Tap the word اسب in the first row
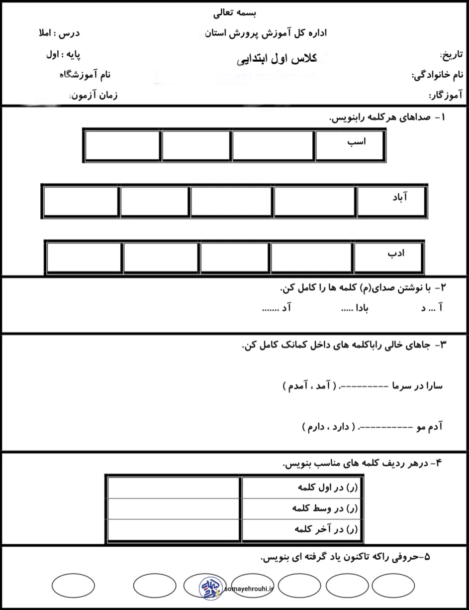pos(356,142)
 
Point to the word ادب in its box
pos(396,253)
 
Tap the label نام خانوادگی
pos(438,75)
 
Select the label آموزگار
pos(446,95)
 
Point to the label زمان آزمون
pos(94,95)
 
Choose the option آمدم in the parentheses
pos(293,385)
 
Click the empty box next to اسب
pos(274,146)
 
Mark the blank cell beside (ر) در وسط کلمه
pos(174,508)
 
